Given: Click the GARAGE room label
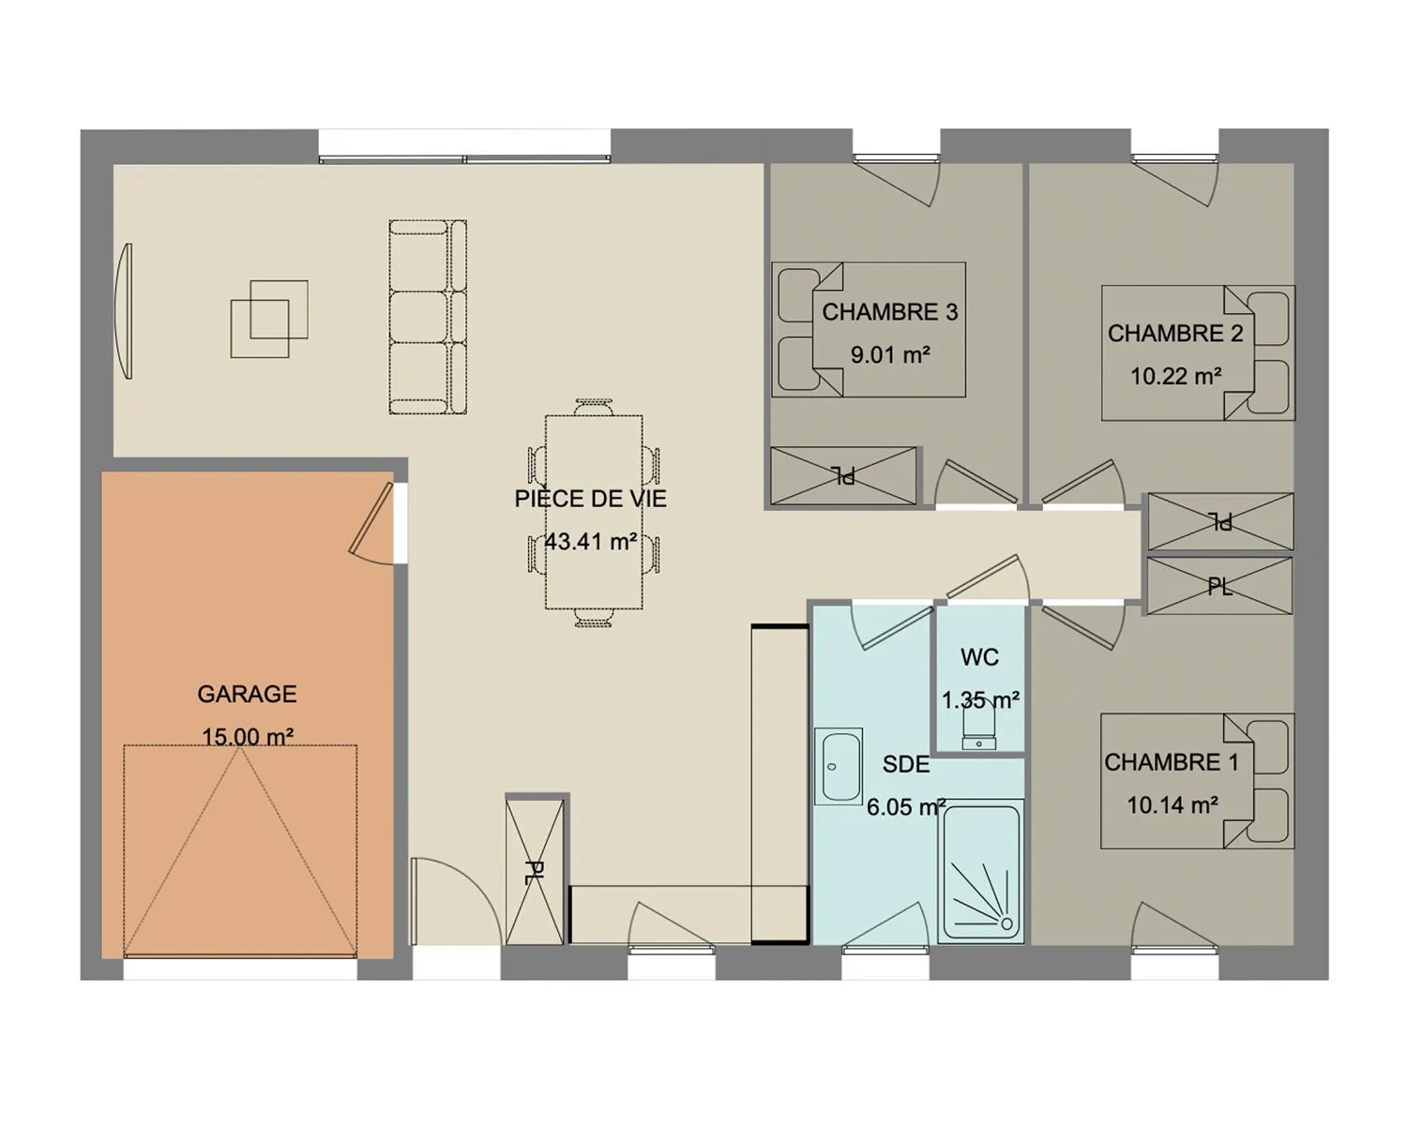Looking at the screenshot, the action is pos(247,694).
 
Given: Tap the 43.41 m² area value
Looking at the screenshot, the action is pos(590,541).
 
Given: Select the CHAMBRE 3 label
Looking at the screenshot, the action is pos(890,312).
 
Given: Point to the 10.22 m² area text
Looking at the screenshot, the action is pos(1175,376).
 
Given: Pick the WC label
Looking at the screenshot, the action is pos(979,656).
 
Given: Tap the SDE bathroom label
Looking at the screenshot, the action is pos(905,763).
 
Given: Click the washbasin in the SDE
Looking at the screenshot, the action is pos(839,766).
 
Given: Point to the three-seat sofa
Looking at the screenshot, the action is pos(428,317).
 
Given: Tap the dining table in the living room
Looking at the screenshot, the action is pos(594,512).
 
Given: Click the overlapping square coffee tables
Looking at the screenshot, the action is pos(268,319).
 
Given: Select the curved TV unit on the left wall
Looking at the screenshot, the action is pos(124,310).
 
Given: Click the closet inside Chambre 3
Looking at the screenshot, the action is pos(843,476).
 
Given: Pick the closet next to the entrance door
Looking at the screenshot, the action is pos(535,872).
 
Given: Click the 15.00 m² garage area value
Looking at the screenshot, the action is pos(247,737).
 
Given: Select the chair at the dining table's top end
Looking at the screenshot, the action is pos(594,407).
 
